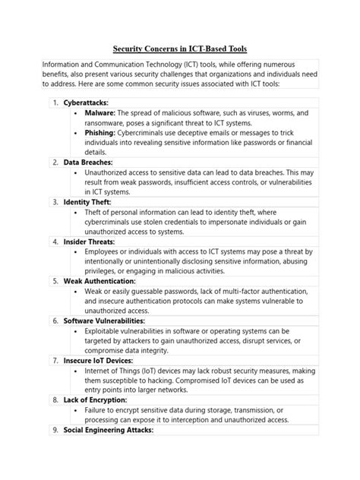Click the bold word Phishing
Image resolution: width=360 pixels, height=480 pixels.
click(x=106, y=131)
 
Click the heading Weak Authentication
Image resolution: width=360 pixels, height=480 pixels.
click(x=104, y=280)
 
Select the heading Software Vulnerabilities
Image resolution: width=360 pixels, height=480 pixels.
click(x=111, y=321)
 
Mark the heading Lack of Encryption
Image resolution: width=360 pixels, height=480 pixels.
click(x=95, y=399)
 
